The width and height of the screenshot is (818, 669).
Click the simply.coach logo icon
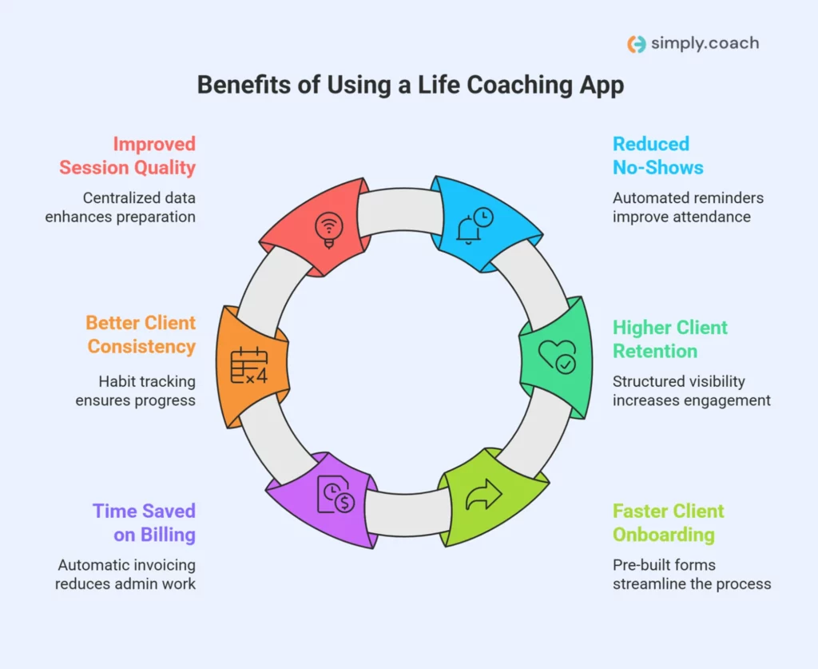point(636,44)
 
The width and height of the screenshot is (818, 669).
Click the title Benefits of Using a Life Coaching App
point(411,85)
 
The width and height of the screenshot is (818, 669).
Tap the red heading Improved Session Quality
point(127,156)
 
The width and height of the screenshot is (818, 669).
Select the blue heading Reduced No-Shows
point(658,156)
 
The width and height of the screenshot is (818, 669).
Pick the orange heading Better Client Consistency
point(141,334)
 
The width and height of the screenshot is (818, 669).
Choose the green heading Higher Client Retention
point(670,339)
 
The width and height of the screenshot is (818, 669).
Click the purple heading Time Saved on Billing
point(144,523)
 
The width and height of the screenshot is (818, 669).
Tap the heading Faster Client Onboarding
point(669,523)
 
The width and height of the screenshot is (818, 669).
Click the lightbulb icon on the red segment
point(328,230)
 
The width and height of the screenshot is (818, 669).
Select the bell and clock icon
point(475,225)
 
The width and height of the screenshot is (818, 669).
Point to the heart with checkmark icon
point(557,357)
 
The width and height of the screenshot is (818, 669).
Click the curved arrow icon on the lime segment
point(483,494)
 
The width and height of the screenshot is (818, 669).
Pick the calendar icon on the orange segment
point(249,365)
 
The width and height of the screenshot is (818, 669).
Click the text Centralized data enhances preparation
point(120,207)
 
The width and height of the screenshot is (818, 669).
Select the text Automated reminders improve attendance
point(688,207)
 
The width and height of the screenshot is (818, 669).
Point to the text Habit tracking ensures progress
point(136,391)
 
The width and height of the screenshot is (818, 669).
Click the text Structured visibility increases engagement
point(692,391)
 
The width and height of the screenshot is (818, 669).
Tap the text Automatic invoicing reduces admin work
point(125,574)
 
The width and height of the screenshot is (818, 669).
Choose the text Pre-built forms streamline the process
point(692,574)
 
